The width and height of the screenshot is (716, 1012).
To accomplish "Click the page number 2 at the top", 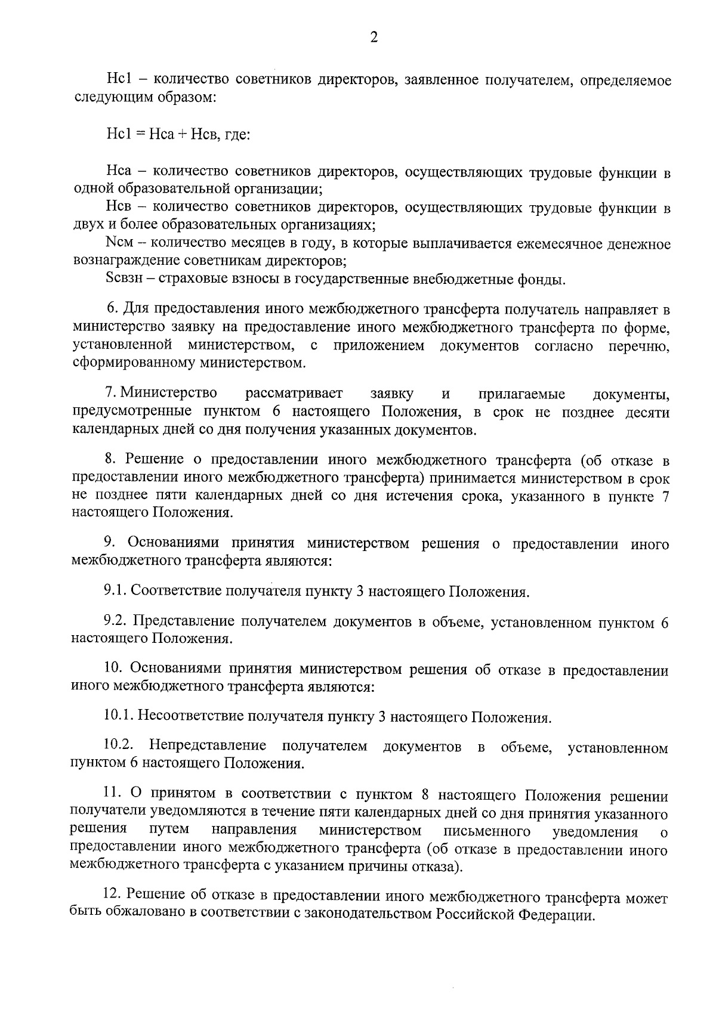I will click(374, 38).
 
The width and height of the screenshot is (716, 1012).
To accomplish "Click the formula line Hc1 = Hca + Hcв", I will click(177, 135).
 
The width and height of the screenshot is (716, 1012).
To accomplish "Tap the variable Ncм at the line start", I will click(119, 244).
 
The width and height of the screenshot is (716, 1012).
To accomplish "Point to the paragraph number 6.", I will click(111, 309).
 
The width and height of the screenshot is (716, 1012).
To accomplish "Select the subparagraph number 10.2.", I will click(119, 745).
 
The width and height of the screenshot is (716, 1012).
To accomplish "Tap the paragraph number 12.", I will click(112, 898).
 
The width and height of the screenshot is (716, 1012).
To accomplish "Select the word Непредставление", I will click(208, 745).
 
